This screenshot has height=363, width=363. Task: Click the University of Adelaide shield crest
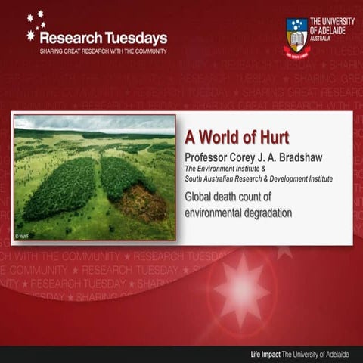pyautogui.click(x=296, y=36)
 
